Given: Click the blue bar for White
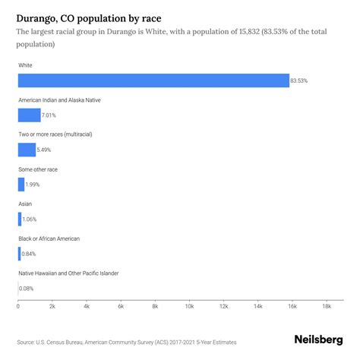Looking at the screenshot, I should click(153, 81).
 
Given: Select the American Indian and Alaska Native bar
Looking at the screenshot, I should click(29, 115).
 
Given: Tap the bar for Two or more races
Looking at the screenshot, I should click(27, 150).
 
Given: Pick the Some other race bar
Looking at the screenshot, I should click(21, 184).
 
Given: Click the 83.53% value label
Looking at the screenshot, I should click(300, 81).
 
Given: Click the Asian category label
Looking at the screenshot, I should click(26, 204).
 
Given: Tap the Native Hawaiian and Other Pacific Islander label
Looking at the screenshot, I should click(78, 273).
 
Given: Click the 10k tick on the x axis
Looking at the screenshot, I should click(189, 306).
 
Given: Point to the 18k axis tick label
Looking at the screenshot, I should click(327, 306).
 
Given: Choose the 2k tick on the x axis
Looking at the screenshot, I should click(52, 306).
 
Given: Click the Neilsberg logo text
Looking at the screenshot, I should click(318, 341).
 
